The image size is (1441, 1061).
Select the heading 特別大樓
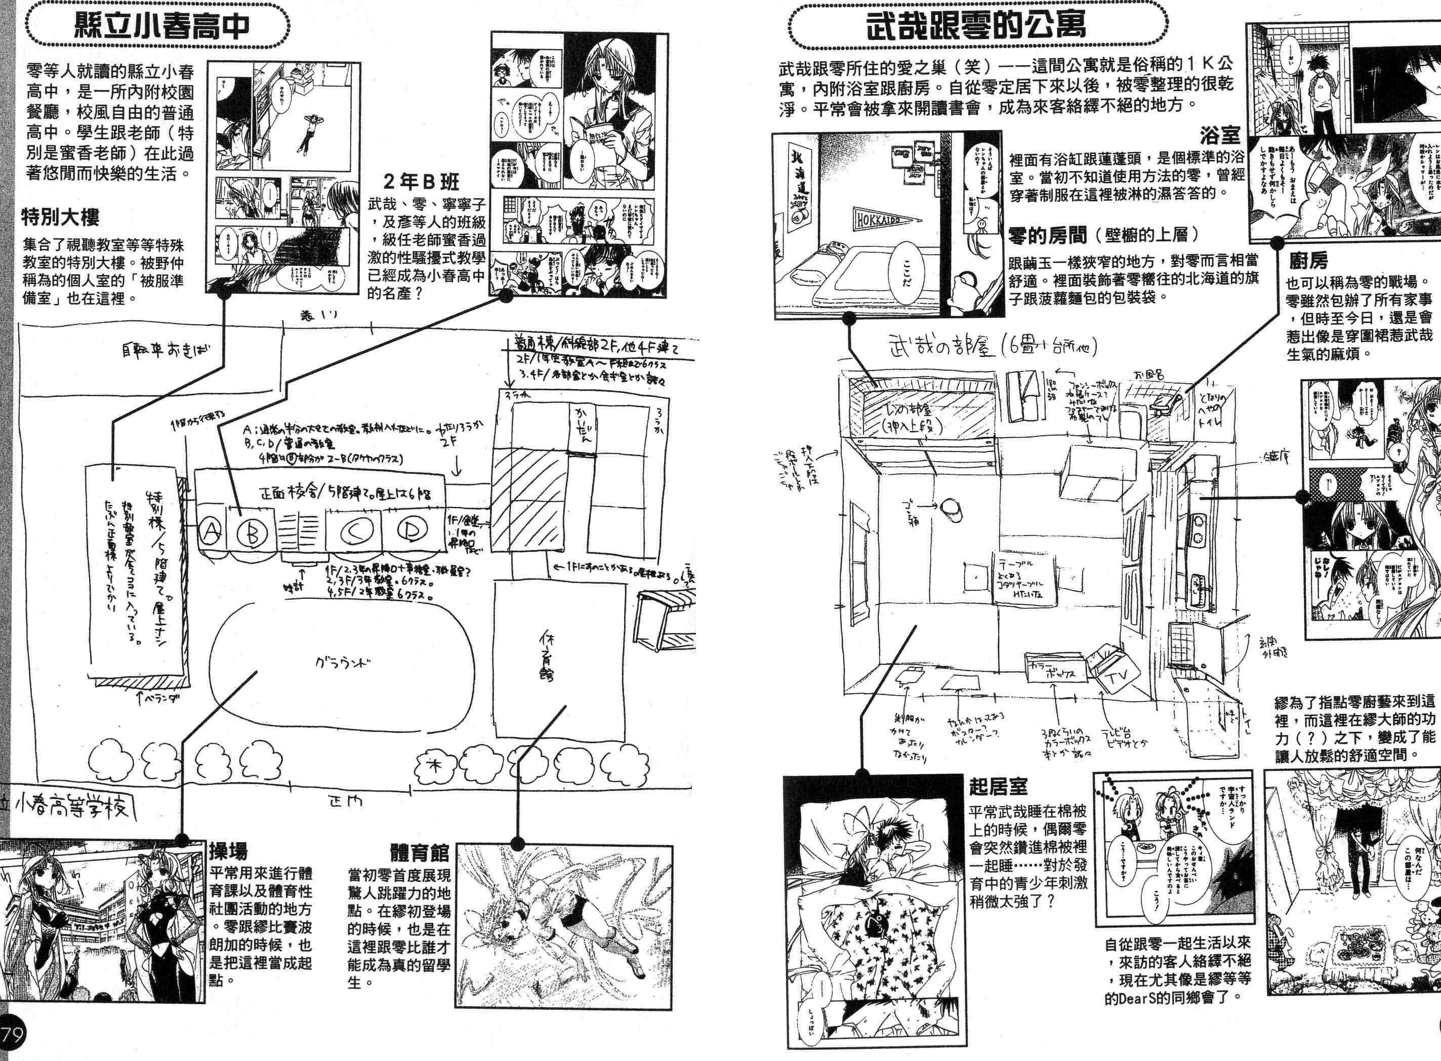[60, 218]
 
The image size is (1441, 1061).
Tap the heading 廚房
[1307, 261]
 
